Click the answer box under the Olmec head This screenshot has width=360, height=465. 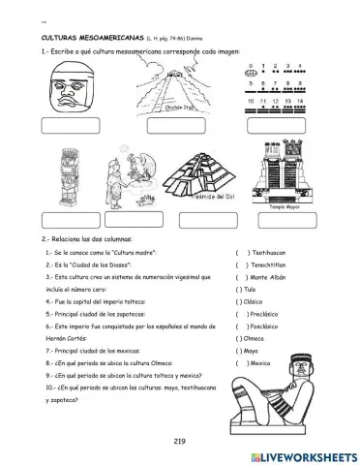[70, 126]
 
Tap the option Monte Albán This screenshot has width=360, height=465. [275, 276]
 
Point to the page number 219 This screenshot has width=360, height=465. [179, 442]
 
